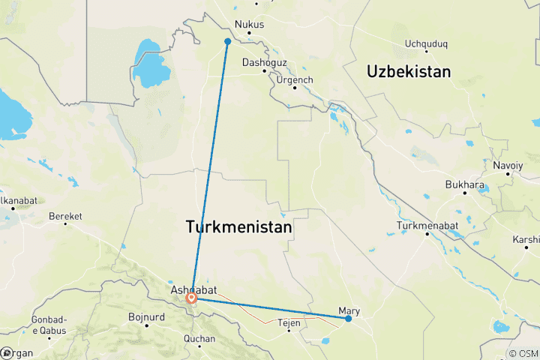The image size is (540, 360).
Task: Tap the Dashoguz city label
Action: pyautogui.click(x=264, y=63)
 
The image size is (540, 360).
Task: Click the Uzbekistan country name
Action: pyautogui.click(x=409, y=72)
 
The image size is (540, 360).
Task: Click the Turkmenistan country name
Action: pyautogui.click(x=238, y=226)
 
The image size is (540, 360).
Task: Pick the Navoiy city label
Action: pyautogui.click(x=508, y=165)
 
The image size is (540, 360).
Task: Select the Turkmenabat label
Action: pyautogui.click(x=427, y=225)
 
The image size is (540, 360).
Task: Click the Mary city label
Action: pyautogui.click(x=349, y=310)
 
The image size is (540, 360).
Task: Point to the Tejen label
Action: pyautogui.click(x=289, y=323)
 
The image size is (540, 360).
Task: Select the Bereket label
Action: pyautogui.click(x=64, y=216)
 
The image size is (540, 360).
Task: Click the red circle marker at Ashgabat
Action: pyautogui.click(x=192, y=298)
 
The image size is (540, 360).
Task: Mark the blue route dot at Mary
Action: pyautogui.click(x=349, y=319)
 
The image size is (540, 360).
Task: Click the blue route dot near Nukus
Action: pyautogui.click(x=227, y=41)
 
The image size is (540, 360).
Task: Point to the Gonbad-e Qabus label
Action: pyautogui.click(x=49, y=325)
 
